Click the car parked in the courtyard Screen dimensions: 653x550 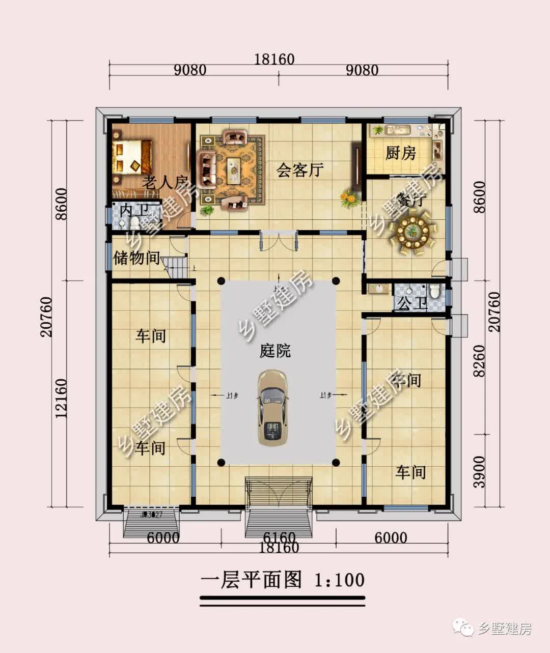tap(272, 409)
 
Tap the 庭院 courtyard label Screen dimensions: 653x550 tap(275, 351)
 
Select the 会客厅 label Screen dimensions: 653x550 tap(300, 169)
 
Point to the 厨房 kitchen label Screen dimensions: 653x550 tap(400, 153)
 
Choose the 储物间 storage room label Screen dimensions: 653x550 tap(136, 258)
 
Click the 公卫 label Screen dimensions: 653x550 tap(411, 304)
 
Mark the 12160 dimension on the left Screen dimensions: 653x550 tap(61, 398)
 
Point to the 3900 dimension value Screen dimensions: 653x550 tap(479, 471)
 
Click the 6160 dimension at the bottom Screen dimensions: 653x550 tap(279, 537)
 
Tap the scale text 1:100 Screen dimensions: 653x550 tap(339, 580)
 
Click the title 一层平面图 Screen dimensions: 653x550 tap(251, 580)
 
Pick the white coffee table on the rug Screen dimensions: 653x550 tap(234, 168)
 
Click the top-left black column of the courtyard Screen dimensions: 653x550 tap(221, 280)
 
